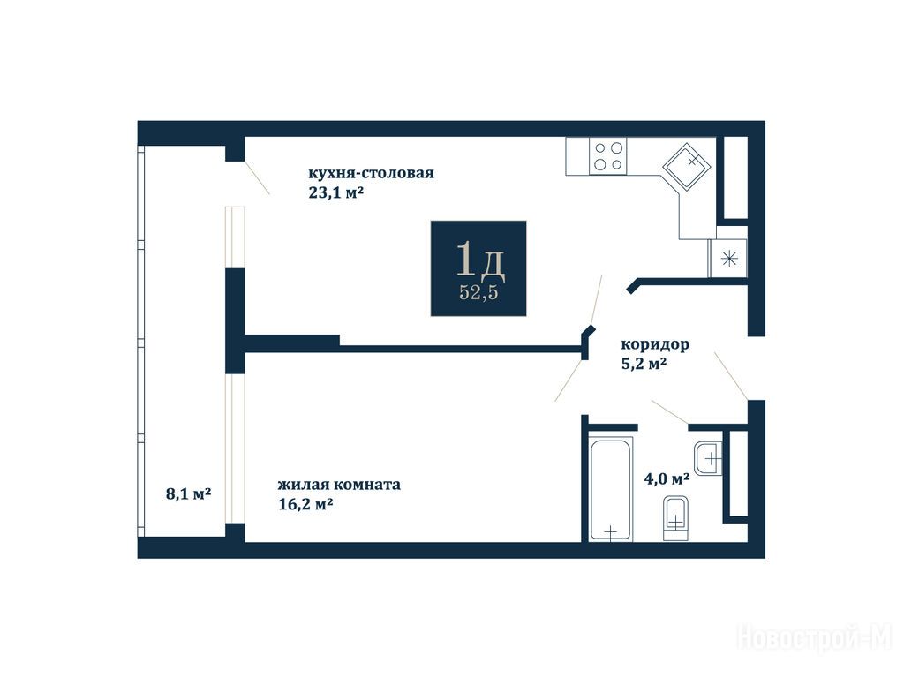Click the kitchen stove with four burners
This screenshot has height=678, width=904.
(607, 156)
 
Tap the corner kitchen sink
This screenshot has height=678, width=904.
(687, 167)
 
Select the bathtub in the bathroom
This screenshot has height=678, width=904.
(611, 489)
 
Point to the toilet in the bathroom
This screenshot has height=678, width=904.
(675, 518)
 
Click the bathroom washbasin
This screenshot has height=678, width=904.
(707, 458)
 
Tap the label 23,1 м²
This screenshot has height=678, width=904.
(336, 192)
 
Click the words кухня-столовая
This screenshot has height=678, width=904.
(372, 173)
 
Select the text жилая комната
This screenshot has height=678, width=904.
(339, 485)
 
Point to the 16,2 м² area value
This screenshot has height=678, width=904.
(305, 504)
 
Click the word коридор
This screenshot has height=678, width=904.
(655, 345)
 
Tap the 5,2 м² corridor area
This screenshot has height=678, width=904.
(644, 365)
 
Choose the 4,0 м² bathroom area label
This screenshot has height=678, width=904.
(667, 478)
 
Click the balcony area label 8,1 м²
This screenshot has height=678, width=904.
(189, 494)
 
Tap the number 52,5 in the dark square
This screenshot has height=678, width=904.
(478, 292)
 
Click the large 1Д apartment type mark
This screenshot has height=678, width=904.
(480, 260)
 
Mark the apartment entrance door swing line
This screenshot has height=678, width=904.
(731, 375)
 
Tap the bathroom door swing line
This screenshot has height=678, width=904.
(669, 411)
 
